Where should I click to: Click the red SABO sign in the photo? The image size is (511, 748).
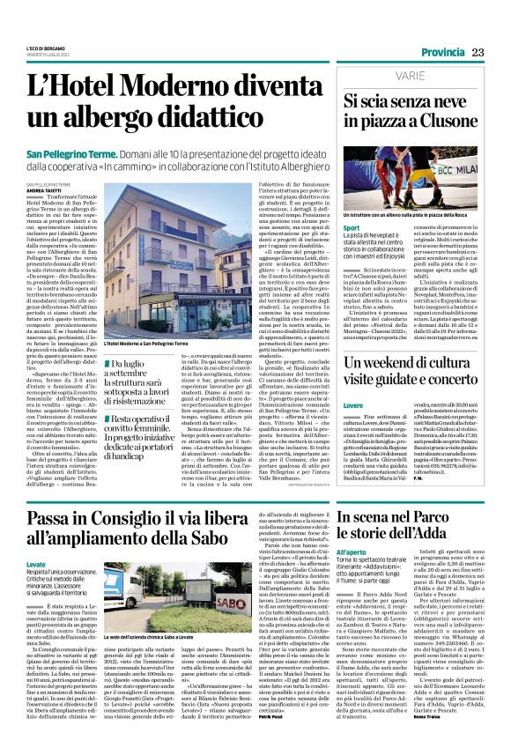[x=224, y=578]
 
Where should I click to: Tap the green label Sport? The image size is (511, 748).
[x=352, y=228]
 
